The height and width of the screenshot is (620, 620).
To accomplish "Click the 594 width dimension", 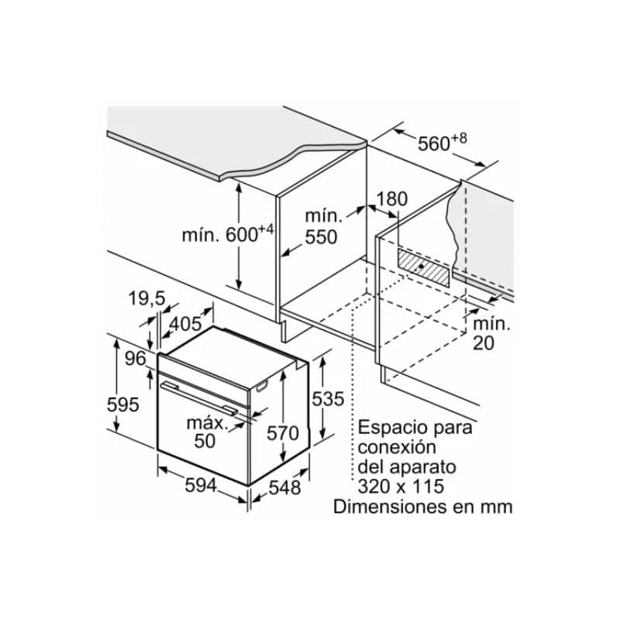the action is (201, 486).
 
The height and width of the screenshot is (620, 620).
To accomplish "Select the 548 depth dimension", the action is (284, 487).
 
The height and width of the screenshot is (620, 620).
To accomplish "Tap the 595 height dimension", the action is (123, 405).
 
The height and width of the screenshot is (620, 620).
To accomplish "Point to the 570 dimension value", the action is (283, 433).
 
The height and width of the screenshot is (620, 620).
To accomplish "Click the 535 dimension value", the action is (328, 399).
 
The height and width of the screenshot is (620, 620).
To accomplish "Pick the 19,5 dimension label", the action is (146, 298).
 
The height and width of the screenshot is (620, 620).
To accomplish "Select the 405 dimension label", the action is (185, 324).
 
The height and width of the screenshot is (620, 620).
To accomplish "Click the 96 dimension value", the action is (136, 359).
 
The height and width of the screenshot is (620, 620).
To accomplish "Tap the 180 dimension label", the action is (391, 199).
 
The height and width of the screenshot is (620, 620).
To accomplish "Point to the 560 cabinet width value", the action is (434, 144).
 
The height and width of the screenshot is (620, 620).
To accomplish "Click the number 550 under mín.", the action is (321, 237).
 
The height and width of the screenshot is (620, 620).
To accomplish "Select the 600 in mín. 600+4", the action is (242, 236).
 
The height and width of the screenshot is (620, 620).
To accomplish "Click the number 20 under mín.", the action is (484, 343).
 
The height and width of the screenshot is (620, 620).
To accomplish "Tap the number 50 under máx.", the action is (205, 441).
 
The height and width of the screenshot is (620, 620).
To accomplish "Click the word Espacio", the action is (395, 429).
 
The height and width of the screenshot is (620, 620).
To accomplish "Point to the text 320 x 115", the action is (401, 487).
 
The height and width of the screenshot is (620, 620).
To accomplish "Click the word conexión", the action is (397, 448).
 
